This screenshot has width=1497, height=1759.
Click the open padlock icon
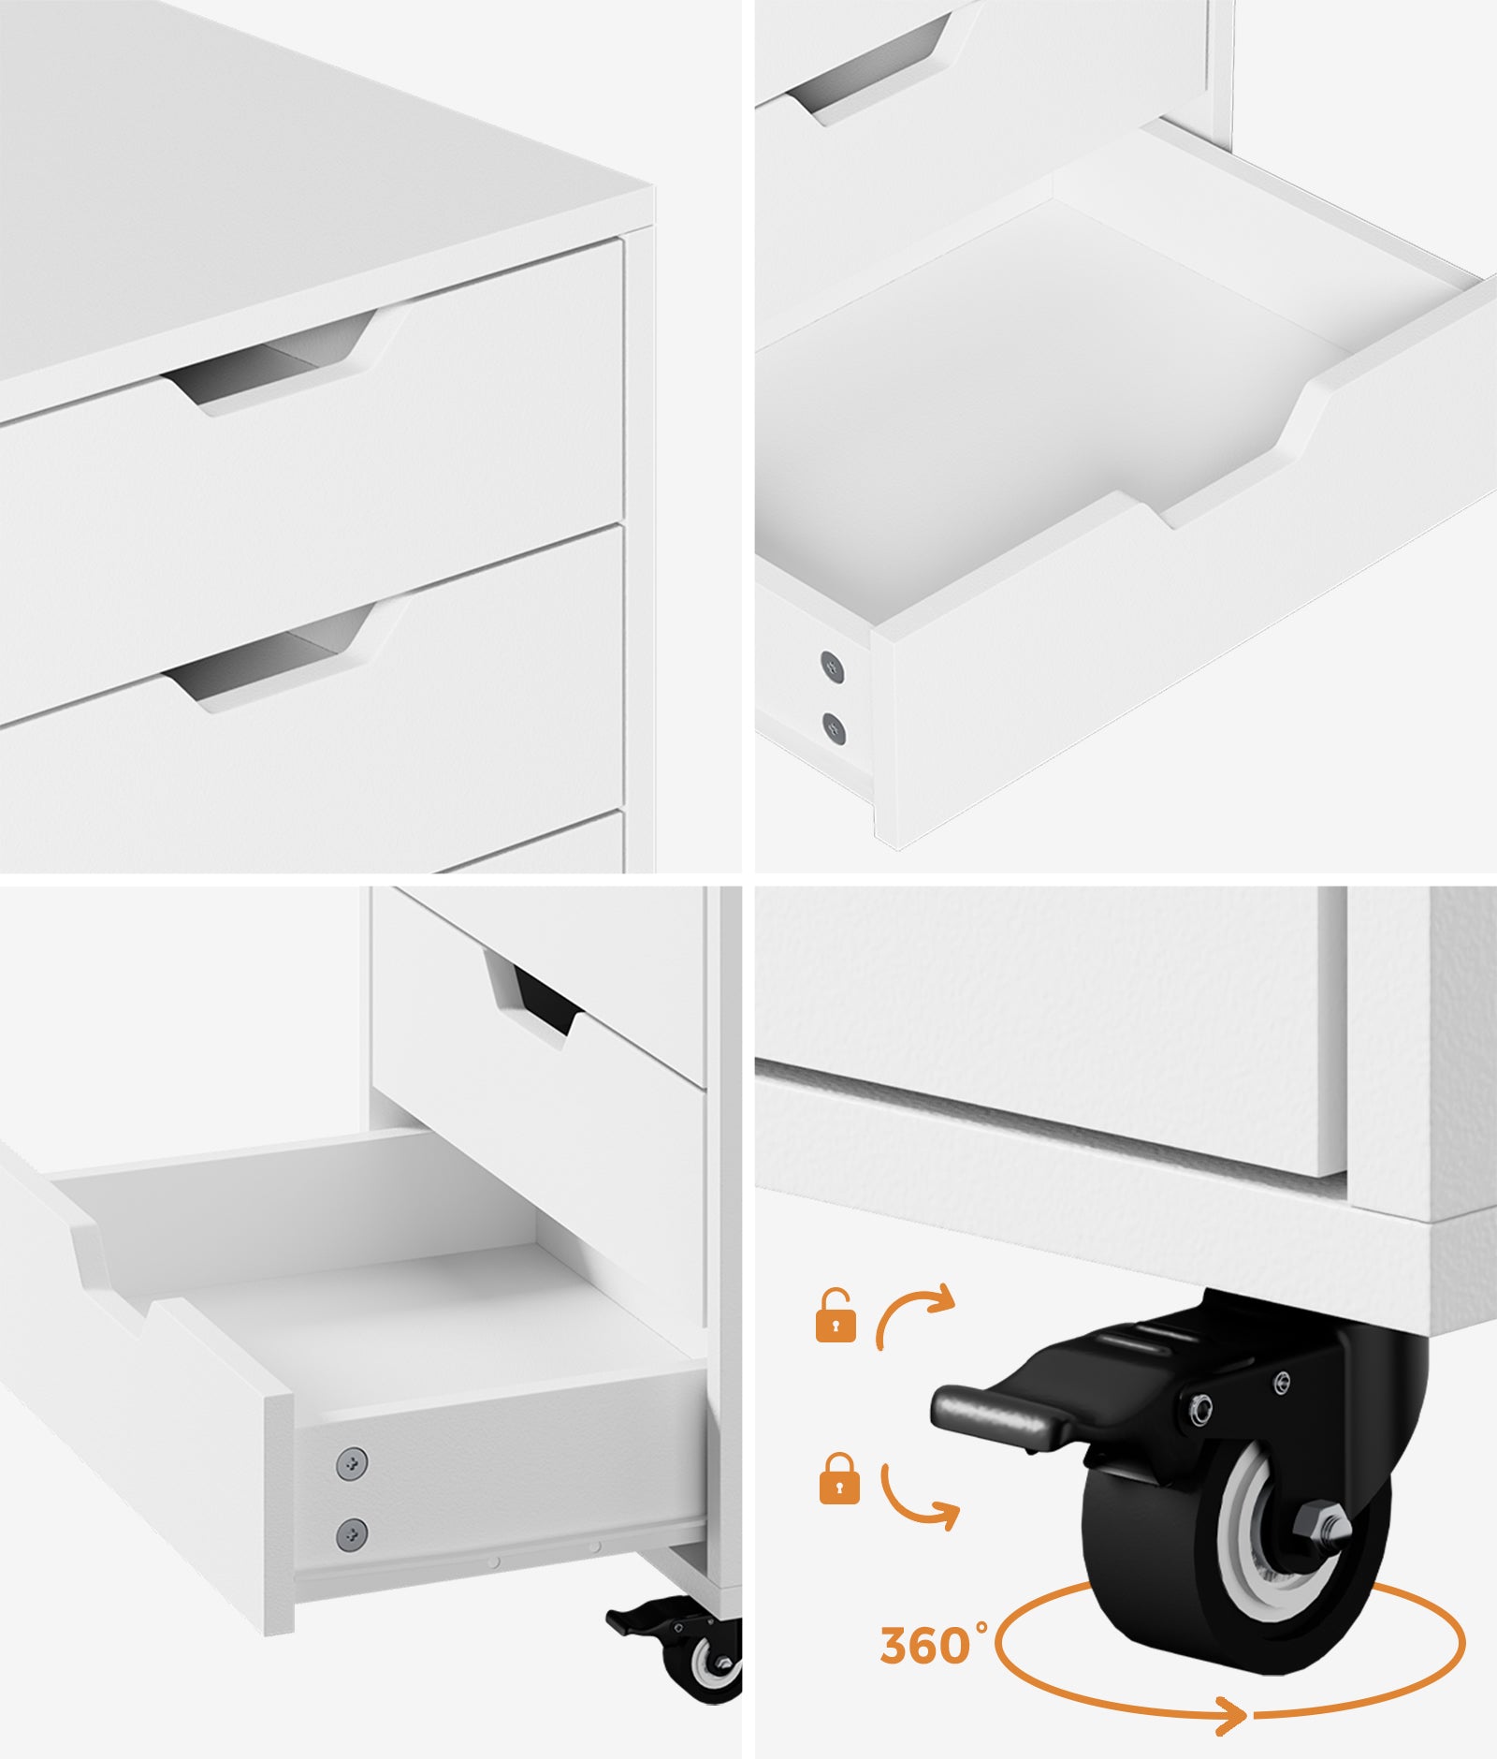tap(836, 1316)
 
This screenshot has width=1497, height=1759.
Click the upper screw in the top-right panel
tap(832, 666)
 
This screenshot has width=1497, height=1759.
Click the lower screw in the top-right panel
tap(834, 727)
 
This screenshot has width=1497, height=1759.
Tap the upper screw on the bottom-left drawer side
tap(352, 1462)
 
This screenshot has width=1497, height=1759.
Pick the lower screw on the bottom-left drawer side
tap(352, 1533)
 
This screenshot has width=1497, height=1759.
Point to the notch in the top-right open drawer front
tap(1216, 459)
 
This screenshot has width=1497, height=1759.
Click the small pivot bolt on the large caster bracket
tap(1200, 1405)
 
